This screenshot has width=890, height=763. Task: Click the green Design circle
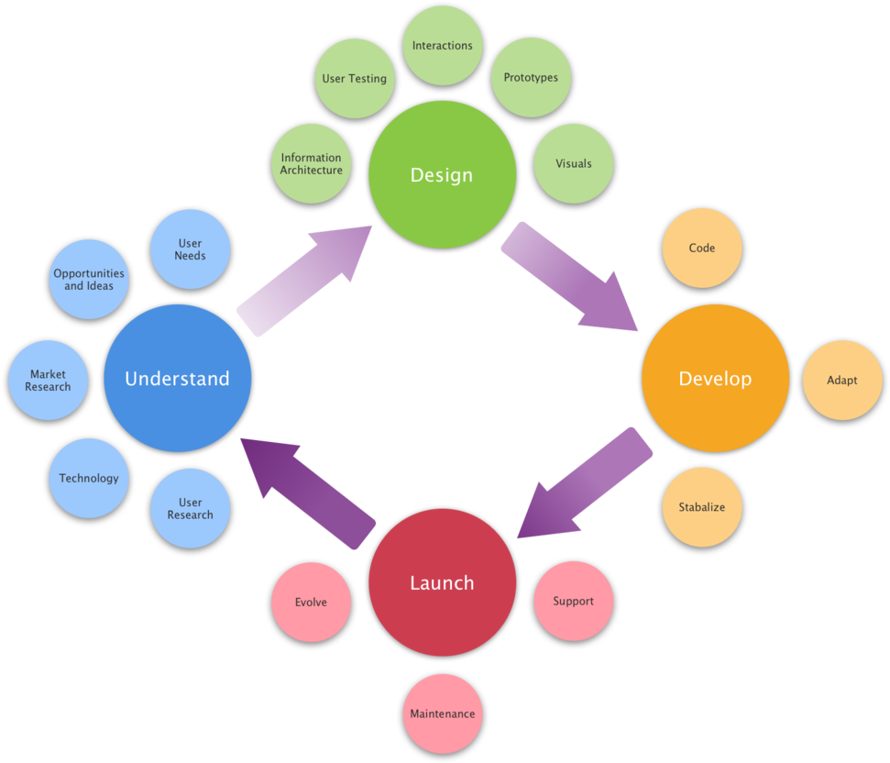[442, 174]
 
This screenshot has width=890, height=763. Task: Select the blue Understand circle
[177, 378]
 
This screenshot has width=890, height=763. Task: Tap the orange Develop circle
[715, 378]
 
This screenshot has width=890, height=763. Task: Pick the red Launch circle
[442, 582]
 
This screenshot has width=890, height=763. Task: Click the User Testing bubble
[355, 78]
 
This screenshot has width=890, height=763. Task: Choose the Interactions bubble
[443, 45]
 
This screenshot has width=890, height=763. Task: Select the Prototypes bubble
[531, 78]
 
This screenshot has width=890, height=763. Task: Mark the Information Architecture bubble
[312, 163]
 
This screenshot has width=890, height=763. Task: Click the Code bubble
[702, 248]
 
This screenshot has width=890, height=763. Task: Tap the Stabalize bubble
[702, 507]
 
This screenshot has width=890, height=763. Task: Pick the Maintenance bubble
[443, 713]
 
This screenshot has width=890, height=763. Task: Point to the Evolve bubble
[311, 602]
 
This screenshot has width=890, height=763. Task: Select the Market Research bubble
[48, 381]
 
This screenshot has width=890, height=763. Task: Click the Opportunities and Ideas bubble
[89, 280]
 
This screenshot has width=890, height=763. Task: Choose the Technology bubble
[89, 478]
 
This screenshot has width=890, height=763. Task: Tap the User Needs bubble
[191, 249]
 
